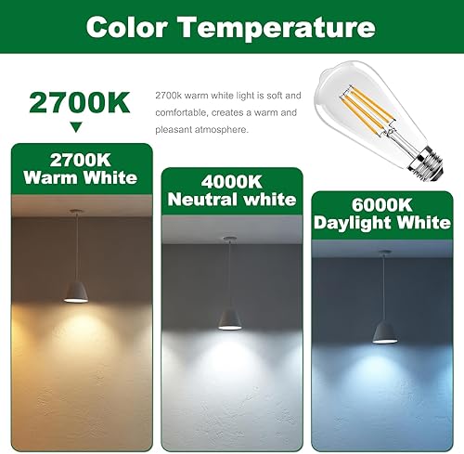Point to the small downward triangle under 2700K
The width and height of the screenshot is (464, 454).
click(76, 125)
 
